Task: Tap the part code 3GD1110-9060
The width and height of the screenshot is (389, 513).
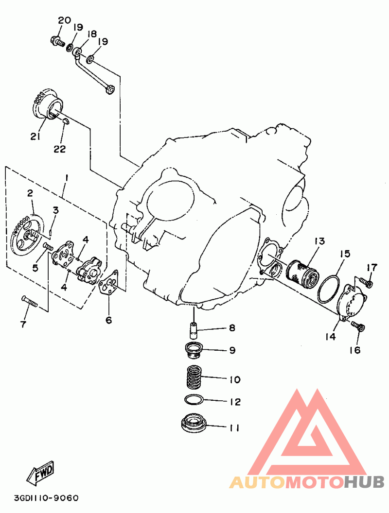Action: point(46,498)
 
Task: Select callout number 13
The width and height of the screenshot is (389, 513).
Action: point(319,241)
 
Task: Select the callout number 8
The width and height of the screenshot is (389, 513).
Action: point(232,328)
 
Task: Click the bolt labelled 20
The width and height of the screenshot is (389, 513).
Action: point(57,42)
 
